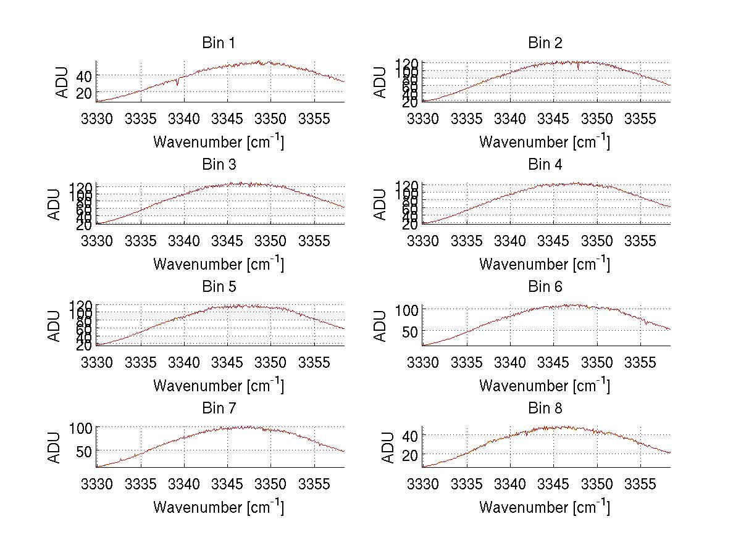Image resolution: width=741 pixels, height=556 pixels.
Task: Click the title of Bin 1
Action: pyautogui.click(x=219, y=43)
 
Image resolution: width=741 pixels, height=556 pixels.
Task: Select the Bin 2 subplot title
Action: pyautogui.click(x=545, y=43)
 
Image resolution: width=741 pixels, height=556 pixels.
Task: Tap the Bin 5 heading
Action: pyautogui.click(x=219, y=287)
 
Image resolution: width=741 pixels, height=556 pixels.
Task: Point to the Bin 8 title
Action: pyautogui.click(x=545, y=409)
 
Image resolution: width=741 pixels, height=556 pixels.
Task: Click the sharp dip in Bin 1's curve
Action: pyautogui.click(x=177, y=83)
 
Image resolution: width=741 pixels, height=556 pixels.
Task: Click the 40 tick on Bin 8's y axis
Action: pyautogui.click(x=409, y=436)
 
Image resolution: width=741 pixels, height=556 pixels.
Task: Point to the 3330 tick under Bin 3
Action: pyautogui.click(x=97, y=239)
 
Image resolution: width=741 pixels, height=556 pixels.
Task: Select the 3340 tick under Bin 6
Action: pyautogui.click(x=510, y=362)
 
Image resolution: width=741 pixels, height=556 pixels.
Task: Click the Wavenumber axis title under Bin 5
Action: pyautogui.click(x=219, y=386)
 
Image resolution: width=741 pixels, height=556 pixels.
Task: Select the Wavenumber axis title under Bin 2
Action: pyautogui.click(x=545, y=142)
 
